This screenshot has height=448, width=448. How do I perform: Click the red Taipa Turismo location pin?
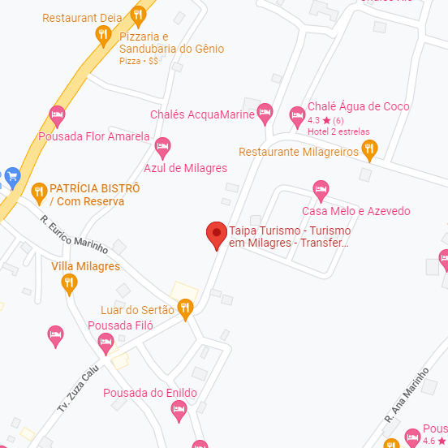click(x=216, y=234)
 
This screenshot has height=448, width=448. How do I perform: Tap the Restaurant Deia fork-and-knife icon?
click(x=139, y=14)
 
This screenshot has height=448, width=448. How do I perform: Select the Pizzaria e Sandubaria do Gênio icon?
click(x=102, y=34)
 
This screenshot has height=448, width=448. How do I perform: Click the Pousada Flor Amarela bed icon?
click(x=57, y=114)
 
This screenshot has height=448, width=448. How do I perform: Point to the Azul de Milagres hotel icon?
click(x=162, y=146)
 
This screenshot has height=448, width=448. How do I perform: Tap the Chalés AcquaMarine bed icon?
click(x=265, y=113)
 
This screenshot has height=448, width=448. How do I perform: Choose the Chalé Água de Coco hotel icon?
click(x=297, y=113)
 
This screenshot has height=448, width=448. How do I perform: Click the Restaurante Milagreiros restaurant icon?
click(x=369, y=148)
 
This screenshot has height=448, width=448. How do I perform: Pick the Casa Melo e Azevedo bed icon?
click(x=321, y=190)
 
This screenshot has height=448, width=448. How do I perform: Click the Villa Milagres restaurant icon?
click(x=70, y=282)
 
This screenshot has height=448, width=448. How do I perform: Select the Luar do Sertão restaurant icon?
click(x=186, y=307)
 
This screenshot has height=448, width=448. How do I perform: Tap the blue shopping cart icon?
click(x=11, y=175)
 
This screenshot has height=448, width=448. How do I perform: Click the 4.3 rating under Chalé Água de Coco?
click(x=313, y=120)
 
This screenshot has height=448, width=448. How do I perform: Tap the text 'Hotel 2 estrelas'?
click(x=338, y=131)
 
